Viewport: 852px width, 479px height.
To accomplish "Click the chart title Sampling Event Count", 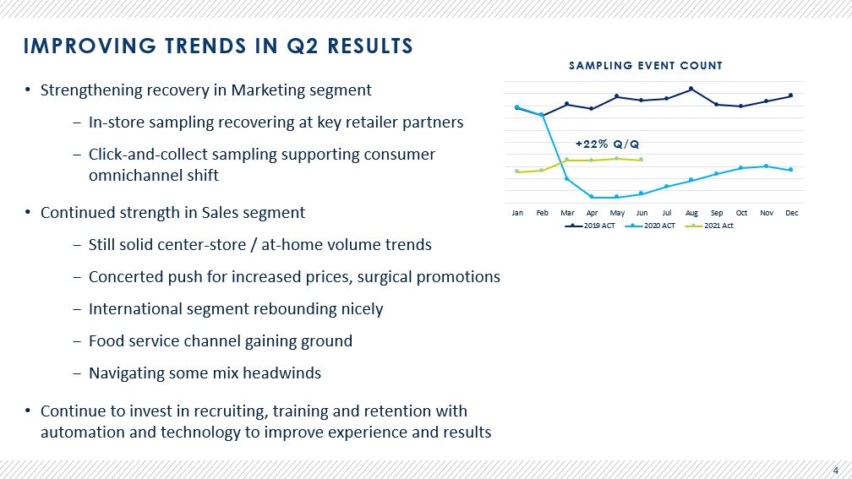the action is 646,66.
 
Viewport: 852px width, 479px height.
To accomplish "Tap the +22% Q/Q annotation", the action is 607,144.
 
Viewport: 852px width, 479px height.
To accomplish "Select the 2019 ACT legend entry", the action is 590,226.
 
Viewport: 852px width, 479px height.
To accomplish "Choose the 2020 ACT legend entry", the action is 651,226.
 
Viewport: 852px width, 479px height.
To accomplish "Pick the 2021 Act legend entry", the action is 709,226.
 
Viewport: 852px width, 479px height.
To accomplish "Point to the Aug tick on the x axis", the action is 691,213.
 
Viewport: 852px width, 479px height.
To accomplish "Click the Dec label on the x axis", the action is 792,213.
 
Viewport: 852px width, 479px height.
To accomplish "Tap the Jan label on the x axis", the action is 517,213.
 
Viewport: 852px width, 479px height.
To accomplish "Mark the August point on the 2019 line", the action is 691,89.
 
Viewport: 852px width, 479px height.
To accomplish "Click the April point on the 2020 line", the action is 591,197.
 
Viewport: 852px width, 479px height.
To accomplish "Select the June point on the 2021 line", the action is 642,160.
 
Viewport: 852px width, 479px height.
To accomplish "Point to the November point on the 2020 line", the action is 766,166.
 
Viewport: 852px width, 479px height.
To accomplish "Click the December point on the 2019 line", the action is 790,95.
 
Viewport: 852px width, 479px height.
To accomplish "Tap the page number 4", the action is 836,471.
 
